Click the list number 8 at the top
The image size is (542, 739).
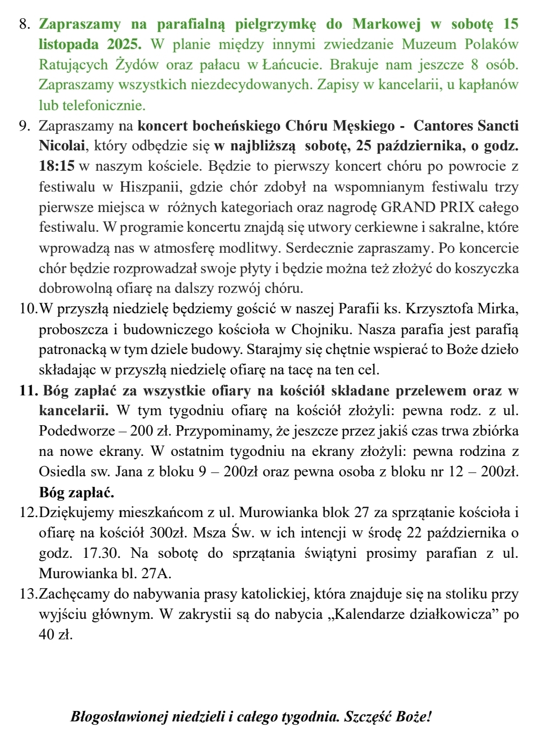[x=23, y=24]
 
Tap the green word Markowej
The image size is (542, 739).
[x=387, y=24]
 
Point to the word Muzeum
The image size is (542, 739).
[x=429, y=45]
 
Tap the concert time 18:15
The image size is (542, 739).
[x=57, y=166]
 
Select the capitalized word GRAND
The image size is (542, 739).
[x=407, y=208]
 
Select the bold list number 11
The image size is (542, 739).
[x=28, y=391]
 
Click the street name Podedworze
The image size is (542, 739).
[x=76, y=431]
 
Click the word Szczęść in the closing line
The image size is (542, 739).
[x=367, y=717]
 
